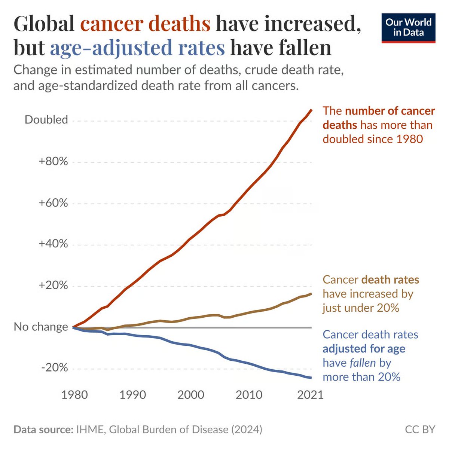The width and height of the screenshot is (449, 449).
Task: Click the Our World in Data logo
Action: click(x=408, y=28)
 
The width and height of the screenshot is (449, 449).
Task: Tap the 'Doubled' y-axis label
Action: click(x=46, y=120)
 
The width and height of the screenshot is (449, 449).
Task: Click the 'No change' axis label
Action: click(x=41, y=327)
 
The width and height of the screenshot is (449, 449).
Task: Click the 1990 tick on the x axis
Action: click(x=132, y=395)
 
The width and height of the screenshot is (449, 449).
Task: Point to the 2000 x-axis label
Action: click(x=191, y=395)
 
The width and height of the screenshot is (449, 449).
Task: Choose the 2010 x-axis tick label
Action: click(x=249, y=395)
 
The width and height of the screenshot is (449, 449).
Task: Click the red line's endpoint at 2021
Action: click(x=311, y=110)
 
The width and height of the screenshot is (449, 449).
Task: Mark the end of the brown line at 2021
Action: click(x=311, y=294)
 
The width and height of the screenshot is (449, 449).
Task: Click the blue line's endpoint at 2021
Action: click(x=311, y=378)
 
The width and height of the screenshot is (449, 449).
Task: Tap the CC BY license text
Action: click(x=420, y=429)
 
